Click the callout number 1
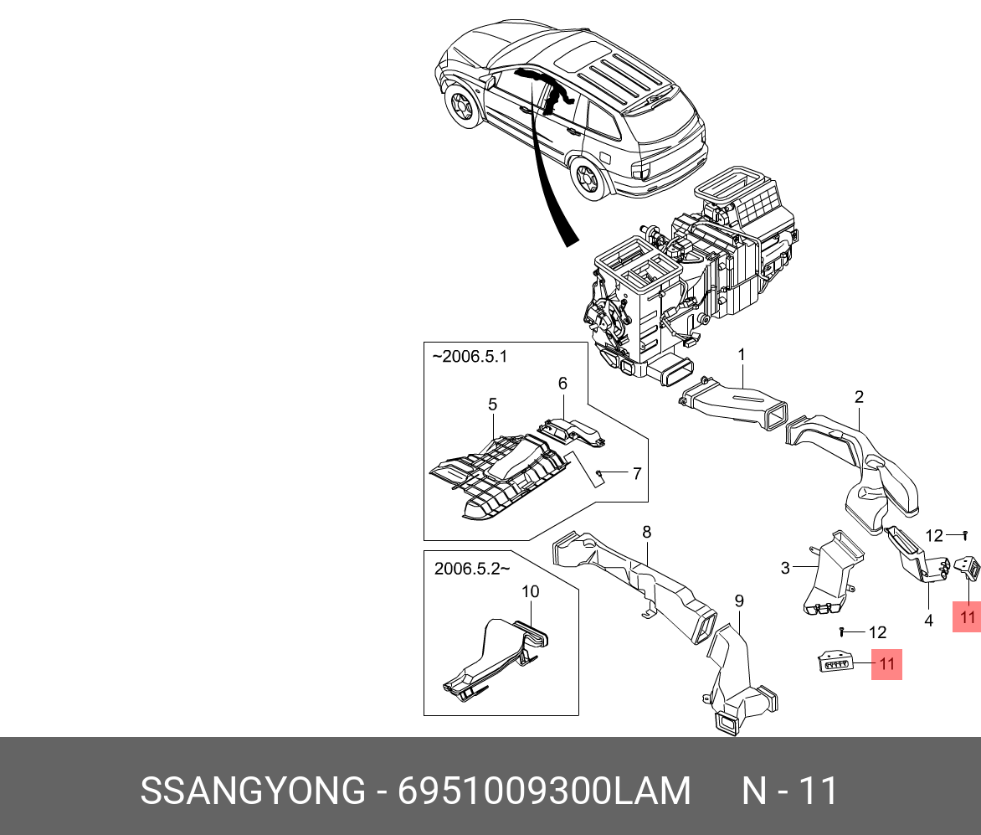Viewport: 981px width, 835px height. [x=742, y=355]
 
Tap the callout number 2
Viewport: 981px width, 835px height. [x=859, y=397]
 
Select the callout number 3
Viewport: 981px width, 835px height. [x=785, y=569]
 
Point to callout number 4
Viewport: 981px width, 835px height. [x=928, y=621]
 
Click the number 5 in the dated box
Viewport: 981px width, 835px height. [x=492, y=405]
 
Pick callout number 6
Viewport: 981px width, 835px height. [x=562, y=383]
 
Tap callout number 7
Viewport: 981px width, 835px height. [x=637, y=473]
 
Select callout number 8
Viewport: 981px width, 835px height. [x=646, y=532]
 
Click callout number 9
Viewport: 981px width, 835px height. [x=739, y=600]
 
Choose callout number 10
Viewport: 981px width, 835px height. [x=530, y=591]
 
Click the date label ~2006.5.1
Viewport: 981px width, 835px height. [x=470, y=357]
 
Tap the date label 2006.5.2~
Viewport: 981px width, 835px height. [x=472, y=569]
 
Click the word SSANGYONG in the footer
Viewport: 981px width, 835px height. [x=253, y=790]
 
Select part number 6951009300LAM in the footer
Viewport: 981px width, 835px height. [x=544, y=790]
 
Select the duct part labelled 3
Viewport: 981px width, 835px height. [x=832, y=574]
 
